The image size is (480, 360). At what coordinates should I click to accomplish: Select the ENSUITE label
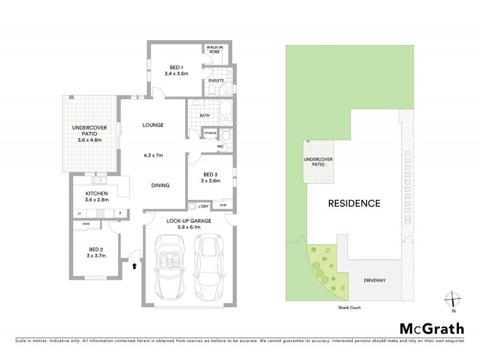pos(216,80)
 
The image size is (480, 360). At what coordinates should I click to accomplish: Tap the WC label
pos(220,146)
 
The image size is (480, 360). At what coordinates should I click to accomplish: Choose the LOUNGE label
pos(153,125)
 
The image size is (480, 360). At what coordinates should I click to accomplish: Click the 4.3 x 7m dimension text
pos(153,155)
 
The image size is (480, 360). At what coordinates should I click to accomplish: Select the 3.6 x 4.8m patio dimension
pos(90,140)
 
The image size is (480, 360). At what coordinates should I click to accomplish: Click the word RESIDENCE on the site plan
pos(354,203)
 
